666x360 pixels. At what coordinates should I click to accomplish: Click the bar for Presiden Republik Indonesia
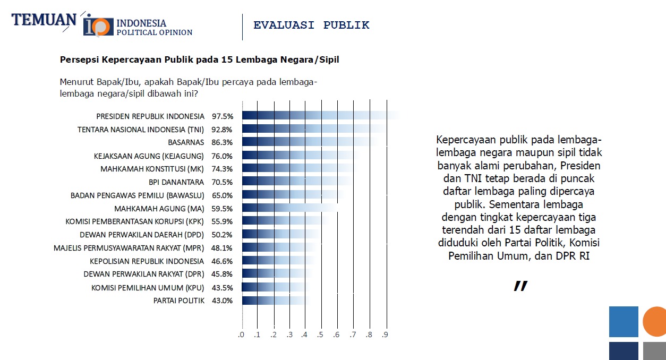click(x=319, y=116)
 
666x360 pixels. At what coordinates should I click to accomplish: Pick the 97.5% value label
click(x=223, y=116)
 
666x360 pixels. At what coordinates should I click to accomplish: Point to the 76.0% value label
click(x=223, y=156)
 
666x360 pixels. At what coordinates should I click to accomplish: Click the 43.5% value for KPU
click(x=223, y=287)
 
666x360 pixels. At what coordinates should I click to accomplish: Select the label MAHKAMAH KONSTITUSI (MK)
click(x=152, y=169)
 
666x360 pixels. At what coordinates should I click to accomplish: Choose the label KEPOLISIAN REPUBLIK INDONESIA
click(x=147, y=261)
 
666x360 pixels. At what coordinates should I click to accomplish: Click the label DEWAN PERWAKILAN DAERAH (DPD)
click(x=142, y=235)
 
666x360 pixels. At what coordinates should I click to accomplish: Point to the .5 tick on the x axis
click(x=320, y=335)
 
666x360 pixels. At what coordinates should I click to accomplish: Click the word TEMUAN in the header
click(x=44, y=20)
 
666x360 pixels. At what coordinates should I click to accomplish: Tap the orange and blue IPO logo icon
click(x=98, y=25)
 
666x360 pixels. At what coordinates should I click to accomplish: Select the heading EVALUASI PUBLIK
click(x=311, y=25)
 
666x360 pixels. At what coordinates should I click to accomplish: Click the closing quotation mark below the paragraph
click(x=520, y=286)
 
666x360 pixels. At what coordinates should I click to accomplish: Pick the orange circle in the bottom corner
click(x=655, y=322)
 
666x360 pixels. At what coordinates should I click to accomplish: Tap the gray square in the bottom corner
click(x=654, y=351)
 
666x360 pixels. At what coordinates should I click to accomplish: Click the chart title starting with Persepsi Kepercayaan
click(x=199, y=59)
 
